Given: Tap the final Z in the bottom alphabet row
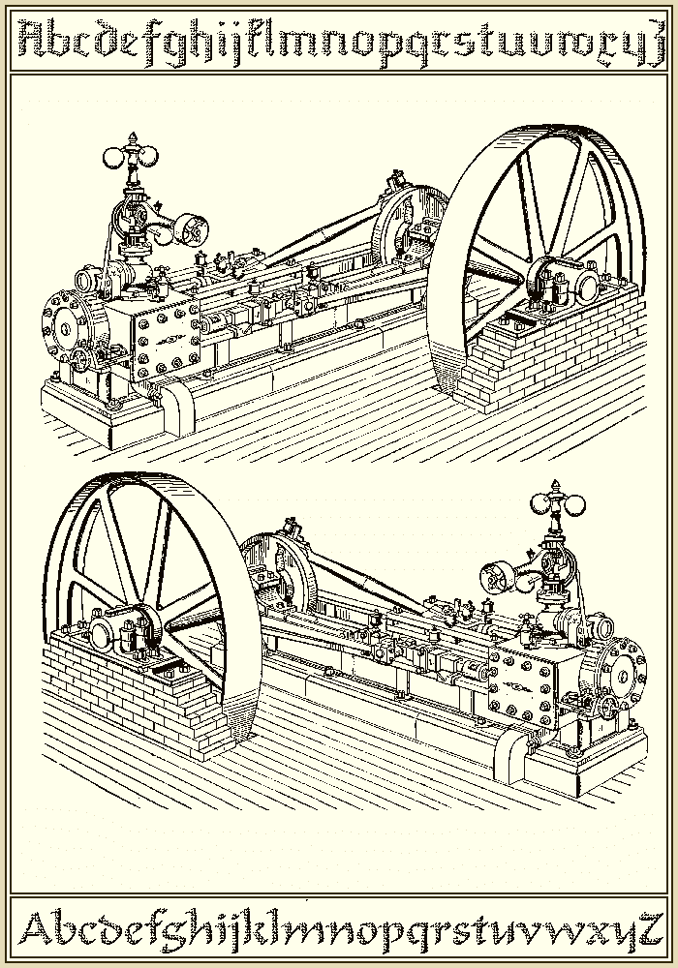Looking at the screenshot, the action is coord(650,928).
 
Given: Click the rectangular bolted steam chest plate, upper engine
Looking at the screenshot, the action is coord(162,336).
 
